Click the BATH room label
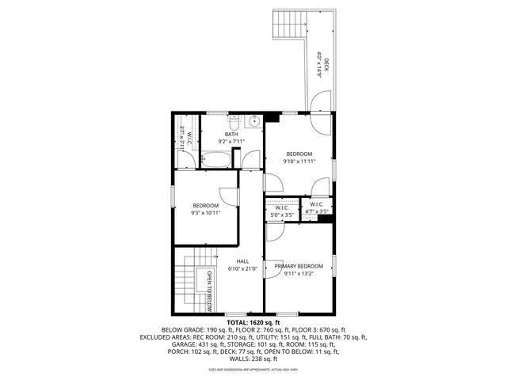(x=231, y=134)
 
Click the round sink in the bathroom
(x=254, y=122)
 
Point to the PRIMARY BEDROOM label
(x=299, y=266)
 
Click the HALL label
(x=243, y=260)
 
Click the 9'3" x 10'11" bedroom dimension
(x=205, y=212)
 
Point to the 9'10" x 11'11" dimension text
(x=299, y=161)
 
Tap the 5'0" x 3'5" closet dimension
(x=282, y=215)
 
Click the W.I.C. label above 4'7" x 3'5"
(x=316, y=204)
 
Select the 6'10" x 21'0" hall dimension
(x=243, y=268)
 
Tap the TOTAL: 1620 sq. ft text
(x=253, y=323)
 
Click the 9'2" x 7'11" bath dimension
(x=231, y=142)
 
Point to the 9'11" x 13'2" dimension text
(x=299, y=274)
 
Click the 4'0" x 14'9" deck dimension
(x=319, y=64)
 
